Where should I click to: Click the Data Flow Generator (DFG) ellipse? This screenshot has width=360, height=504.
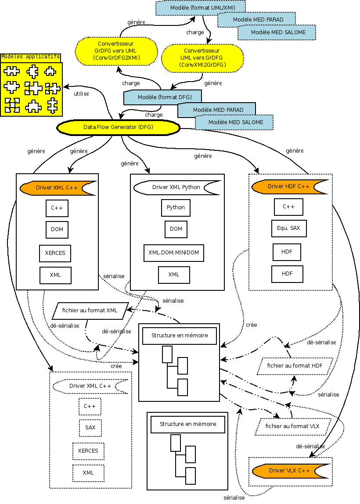[x=118, y=127]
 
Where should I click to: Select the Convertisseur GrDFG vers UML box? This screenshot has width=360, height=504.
[x=116, y=50]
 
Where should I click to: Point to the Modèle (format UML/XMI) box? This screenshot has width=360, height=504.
[x=200, y=7]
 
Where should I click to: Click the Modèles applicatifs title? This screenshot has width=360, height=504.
[x=30, y=57]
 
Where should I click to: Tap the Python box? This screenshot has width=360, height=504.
[x=176, y=207]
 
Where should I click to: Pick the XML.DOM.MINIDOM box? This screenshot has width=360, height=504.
[x=174, y=253]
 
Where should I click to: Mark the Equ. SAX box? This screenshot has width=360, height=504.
[x=288, y=228]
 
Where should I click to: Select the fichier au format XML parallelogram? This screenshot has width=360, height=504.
[x=90, y=311]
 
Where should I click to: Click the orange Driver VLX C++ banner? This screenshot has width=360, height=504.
[x=289, y=471]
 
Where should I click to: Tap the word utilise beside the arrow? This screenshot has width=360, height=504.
[x=82, y=94]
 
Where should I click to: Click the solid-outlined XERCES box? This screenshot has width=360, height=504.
[x=55, y=253]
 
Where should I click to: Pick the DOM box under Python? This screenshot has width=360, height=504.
[x=176, y=229]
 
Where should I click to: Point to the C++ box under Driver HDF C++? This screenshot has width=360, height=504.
[x=288, y=207]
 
